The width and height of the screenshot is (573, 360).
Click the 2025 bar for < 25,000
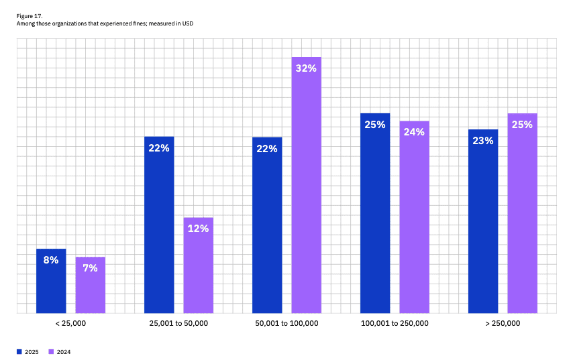click(51, 282)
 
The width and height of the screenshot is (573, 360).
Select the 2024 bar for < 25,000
click(90, 286)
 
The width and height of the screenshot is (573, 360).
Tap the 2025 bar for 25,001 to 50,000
click(159, 225)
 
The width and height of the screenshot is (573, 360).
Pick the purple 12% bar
click(198, 265)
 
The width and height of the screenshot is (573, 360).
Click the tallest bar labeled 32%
click(306, 185)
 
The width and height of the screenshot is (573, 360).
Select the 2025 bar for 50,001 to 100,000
click(267, 225)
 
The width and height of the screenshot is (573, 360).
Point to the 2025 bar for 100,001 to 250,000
click(375, 213)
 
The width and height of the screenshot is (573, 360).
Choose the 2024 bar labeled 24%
click(414, 217)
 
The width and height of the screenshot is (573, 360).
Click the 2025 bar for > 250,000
click(483, 221)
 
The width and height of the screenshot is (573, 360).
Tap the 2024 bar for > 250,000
click(522, 213)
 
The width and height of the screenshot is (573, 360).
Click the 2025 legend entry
click(28, 352)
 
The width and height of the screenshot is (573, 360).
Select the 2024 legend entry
click(60, 352)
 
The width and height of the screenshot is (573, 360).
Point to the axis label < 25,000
click(70, 324)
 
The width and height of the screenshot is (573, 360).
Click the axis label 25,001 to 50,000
click(178, 324)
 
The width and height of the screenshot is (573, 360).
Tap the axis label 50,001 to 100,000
click(286, 324)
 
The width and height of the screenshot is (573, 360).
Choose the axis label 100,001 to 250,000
click(395, 324)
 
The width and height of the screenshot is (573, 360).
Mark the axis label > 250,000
click(503, 324)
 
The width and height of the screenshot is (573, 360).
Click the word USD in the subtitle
click(205, 23)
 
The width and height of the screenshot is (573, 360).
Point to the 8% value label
click(51, 259)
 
